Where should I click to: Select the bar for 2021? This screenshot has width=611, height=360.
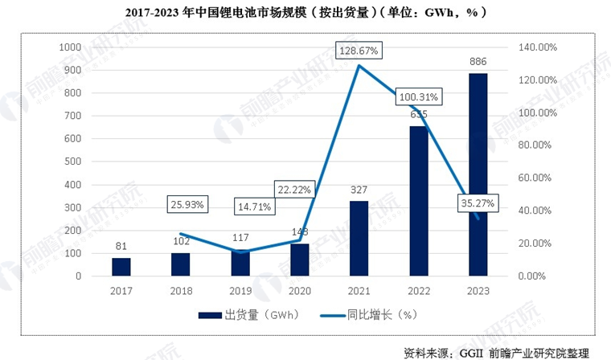(x=359, y=238)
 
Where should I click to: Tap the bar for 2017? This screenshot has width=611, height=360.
(x=121, y=266)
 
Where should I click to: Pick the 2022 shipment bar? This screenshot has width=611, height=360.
(x=418, y=201)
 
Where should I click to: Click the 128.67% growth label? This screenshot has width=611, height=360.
(x=359, y=51)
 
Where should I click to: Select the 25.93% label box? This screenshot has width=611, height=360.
(x=187, y=204)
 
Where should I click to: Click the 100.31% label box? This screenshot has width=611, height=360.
(x=419, y=97)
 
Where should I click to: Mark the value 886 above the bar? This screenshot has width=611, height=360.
(x=478, y=62)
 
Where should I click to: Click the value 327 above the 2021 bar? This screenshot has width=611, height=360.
(x=359, y=190)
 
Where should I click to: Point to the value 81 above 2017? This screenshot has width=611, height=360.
(x=121, y=246)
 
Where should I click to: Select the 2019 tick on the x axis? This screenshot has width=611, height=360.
(x=240, y=291)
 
